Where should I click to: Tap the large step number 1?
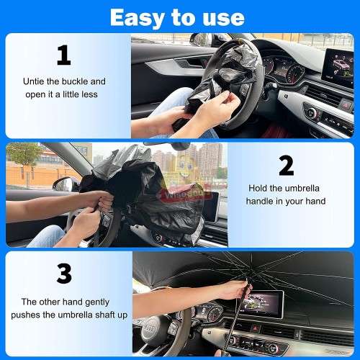tap(64, 55)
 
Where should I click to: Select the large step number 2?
tap(286, 166)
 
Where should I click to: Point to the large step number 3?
tap(64, 274)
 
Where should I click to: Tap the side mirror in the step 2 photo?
tap(63, 185)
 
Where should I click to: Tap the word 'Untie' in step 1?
tap(35, 81)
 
